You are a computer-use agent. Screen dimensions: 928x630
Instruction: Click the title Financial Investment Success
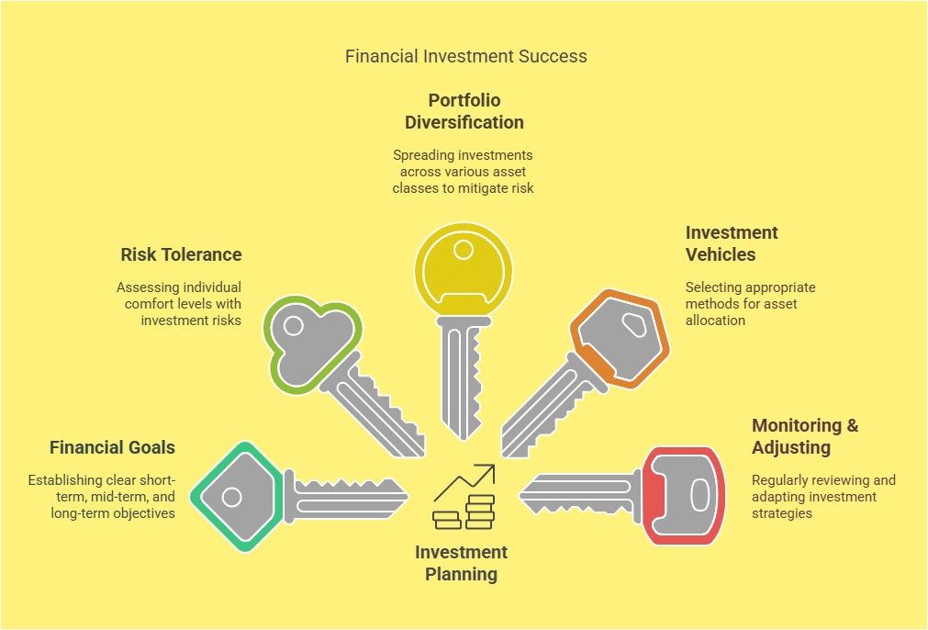pos(465,56)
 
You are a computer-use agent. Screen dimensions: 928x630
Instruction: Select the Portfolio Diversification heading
pos(464,111)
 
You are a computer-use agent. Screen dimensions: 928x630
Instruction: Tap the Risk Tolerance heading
pos(181,254)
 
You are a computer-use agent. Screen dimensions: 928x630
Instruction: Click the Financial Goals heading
pos(113,447)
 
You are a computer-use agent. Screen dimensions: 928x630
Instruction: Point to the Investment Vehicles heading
pos(732,243)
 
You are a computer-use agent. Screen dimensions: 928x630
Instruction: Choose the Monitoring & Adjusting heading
pos(805,436)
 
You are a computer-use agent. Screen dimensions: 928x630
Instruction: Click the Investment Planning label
pos(461,563)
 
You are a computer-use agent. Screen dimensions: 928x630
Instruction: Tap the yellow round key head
pos(464,269)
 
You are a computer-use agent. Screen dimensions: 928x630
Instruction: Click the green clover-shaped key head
pos(312,343)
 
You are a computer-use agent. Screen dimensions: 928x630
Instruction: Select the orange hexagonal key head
pos(620,339)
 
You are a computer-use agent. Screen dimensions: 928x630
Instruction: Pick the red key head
pos(684,496)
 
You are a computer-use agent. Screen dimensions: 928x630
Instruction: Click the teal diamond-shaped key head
pos(238,497)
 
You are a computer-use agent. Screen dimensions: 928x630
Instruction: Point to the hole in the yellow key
pos(464,250)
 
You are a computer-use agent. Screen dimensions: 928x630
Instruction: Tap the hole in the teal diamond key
pos(231,497)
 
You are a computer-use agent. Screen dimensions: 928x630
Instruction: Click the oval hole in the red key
pos(699,496)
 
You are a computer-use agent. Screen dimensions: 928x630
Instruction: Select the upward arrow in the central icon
pos(464,481)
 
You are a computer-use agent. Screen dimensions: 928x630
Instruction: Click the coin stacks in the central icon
pos(464,512)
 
